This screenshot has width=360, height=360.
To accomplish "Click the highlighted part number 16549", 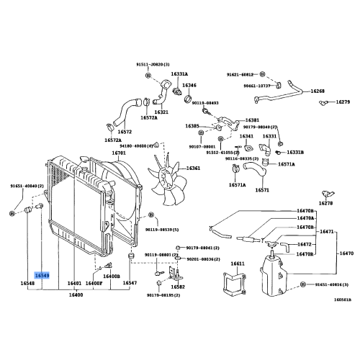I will coord(42,275).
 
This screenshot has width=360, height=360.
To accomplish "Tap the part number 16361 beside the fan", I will coord(194,168).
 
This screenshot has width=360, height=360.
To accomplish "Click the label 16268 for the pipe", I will coord(318,91).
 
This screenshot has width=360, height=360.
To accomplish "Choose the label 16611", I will coord(237,265).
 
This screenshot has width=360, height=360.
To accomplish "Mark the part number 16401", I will coord(75,284).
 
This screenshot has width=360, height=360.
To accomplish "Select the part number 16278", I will coord(326,204).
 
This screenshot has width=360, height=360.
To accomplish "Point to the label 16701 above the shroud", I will coord(119,153).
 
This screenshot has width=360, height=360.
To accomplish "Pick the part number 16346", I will coord(189,86).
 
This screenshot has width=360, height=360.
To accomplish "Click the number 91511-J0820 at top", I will coord(153,63).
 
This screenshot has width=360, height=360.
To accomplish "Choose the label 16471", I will coord(327,232).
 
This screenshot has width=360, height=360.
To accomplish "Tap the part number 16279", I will coord(343,102).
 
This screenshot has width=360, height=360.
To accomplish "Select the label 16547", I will coord(130,284).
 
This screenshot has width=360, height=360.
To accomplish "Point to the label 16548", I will coord(28,284).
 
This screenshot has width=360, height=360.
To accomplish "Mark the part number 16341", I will coord(246,136).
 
